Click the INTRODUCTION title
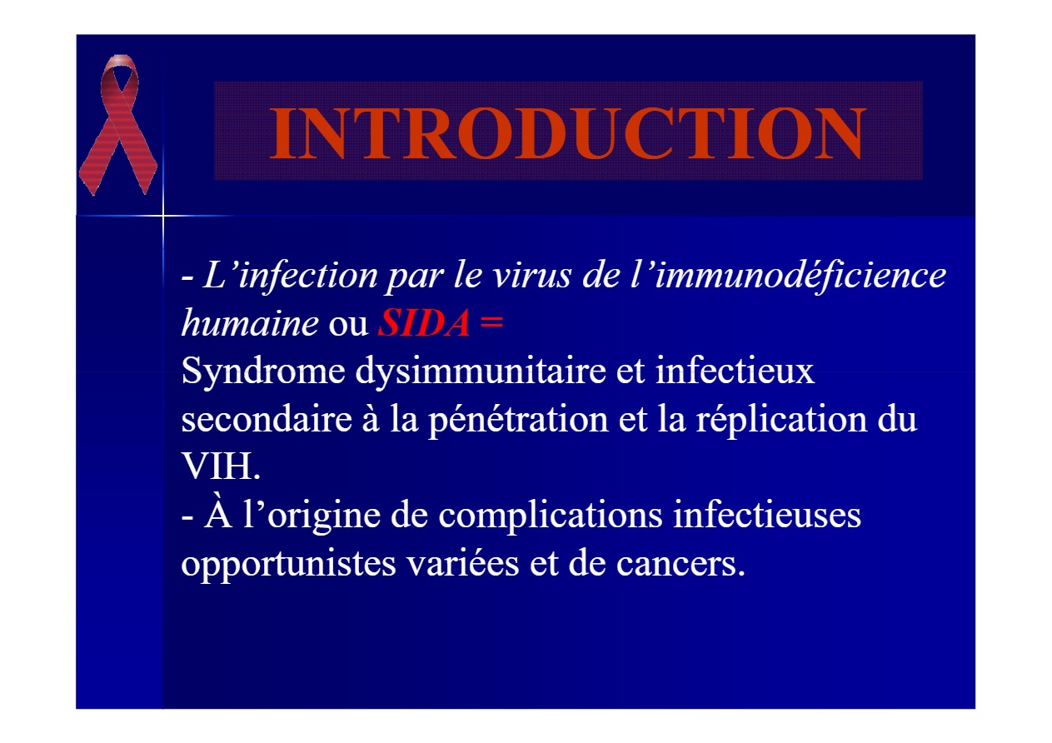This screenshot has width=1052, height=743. point(567,134)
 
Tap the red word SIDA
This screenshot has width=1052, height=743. point(424,323)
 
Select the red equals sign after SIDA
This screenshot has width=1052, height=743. point(491,322)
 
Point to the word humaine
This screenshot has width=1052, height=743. point(251,322)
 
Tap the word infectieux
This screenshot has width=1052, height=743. point(735,371)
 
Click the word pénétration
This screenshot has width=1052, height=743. point(519,420)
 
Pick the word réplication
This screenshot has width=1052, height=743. point(781,420)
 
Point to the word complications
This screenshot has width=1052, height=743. point(551,516)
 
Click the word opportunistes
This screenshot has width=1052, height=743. point(289,565)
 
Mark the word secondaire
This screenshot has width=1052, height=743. point(267,418)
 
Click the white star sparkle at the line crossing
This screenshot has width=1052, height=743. point(163,216)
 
